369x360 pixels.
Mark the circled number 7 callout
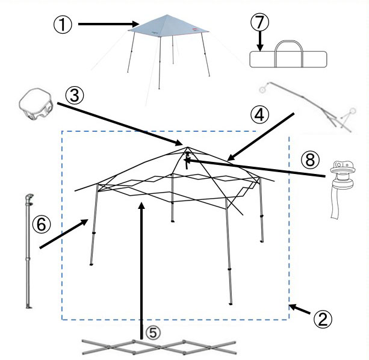260,23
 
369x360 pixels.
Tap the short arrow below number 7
260,42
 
